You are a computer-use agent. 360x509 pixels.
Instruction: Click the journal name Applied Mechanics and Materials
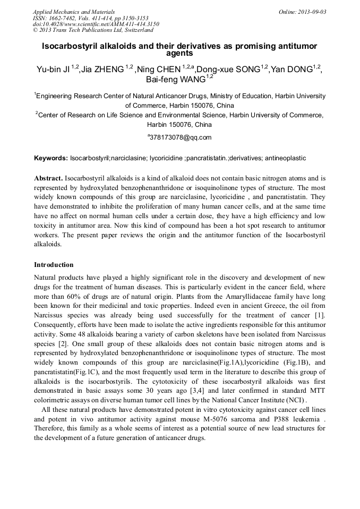click(x=74, y=11)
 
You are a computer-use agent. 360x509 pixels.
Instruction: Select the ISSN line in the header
click(x=90, y=18)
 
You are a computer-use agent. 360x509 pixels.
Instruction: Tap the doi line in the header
click(x=96, y=24)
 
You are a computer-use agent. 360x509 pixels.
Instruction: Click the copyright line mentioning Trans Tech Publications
click(x=93, y=30)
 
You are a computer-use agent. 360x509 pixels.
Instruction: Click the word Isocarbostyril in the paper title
click(x=69, y=46)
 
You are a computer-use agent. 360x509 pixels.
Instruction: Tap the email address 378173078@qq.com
click(x=181, y=137)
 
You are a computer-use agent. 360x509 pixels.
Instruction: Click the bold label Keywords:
click(x=51, y=158)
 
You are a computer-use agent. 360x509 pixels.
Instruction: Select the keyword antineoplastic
click(x=284, y=158)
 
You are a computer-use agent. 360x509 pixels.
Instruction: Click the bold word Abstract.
click(x=48, y=178)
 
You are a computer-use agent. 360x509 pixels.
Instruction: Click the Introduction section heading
click(x=54, y=264)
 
